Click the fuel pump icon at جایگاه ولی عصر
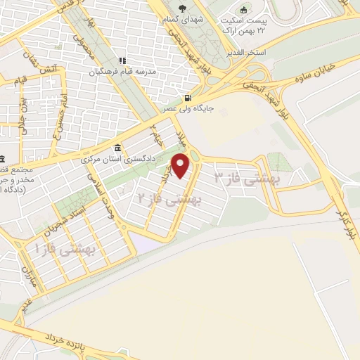(x=186, y=98)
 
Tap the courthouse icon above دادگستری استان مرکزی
(x=116, y=149)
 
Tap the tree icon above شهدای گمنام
(x=182, y=9)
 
